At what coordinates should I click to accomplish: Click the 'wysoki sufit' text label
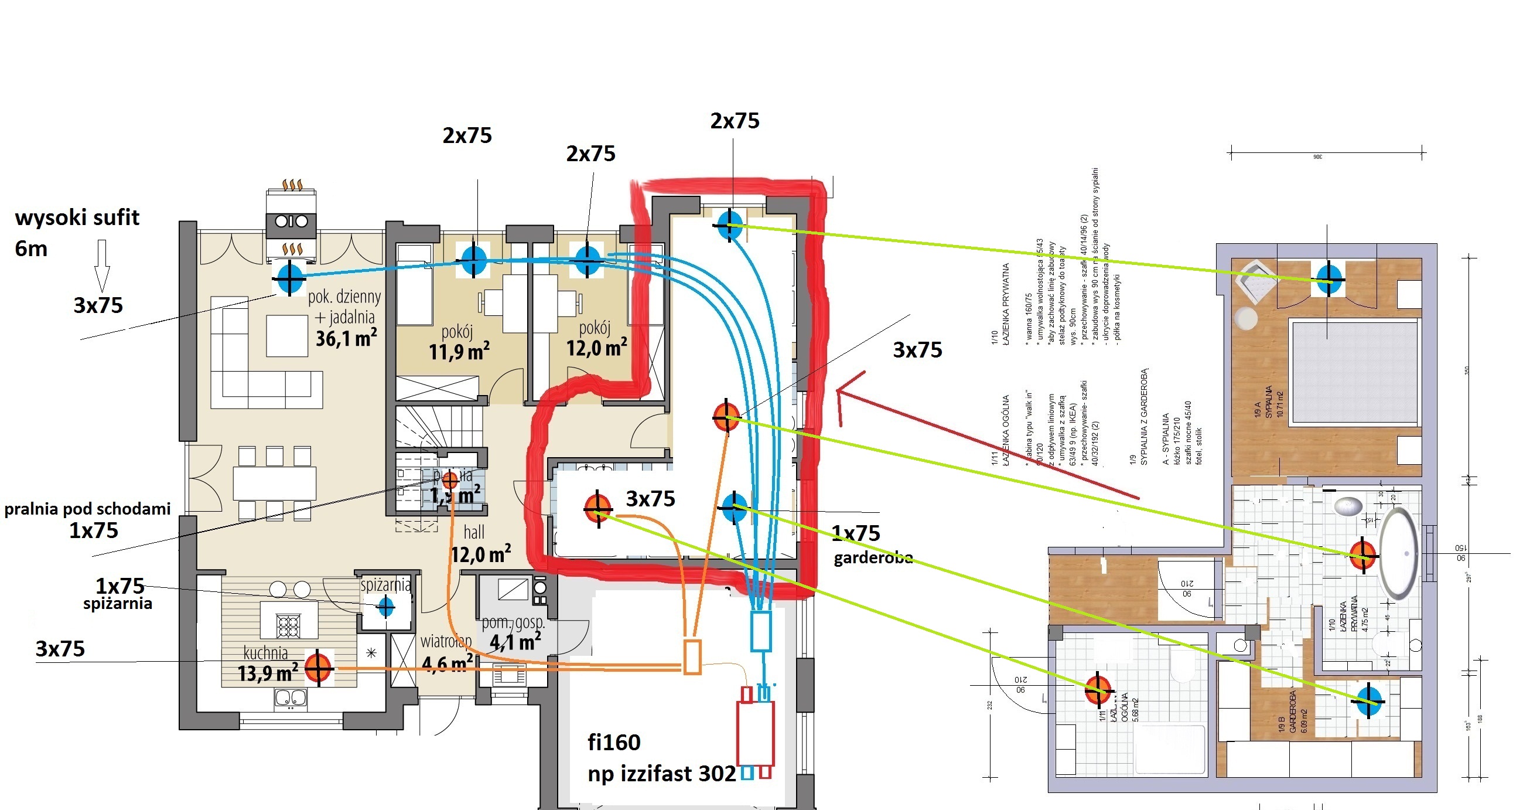[x=77, y=218]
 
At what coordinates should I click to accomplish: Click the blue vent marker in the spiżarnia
[x=386, y=607]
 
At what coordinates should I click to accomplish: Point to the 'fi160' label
[x=613, y=743]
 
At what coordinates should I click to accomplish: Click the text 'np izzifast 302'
[x=661, y=774]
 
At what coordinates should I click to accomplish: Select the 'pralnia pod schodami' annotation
[x=87, y=509]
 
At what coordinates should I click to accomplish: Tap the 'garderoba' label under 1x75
[x=873, y=557]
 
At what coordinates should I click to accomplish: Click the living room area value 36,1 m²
[x=346, y=339]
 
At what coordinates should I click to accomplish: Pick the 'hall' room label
[x=474, y=532]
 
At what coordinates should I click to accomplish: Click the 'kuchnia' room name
[x=265, y=652]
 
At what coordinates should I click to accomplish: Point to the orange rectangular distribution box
[x=692, y=656]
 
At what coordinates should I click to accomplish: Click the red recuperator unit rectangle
[x=756, y=733]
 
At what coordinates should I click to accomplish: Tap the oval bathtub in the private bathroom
[x=1399, y=553]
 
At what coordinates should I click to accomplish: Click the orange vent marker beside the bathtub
[x=1362, y=555]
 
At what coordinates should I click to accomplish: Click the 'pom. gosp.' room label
[x=513, y=623]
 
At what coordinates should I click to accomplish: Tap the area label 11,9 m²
[x=459, y=352]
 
